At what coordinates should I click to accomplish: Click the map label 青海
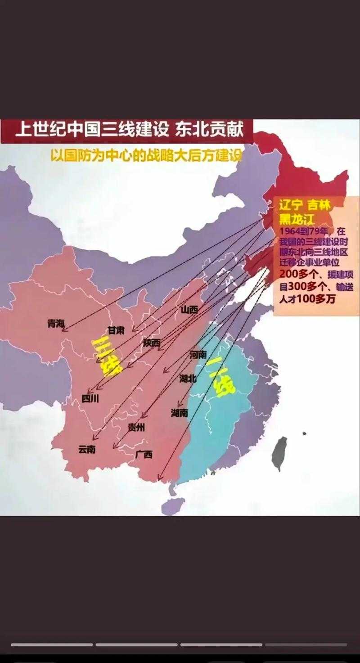(56, 323)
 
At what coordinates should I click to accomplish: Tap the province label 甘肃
(116, 330)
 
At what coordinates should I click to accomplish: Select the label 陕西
(152, 343)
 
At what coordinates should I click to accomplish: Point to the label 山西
(189, 310)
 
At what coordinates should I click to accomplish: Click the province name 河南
(198, 355)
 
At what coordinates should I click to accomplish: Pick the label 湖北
(188, 379)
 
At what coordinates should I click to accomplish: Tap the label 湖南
(179, 413)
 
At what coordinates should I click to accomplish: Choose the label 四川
(90, 398)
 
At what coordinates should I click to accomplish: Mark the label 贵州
(136, 428)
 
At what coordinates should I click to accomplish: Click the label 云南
(87, 449)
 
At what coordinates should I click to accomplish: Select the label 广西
(144, 454)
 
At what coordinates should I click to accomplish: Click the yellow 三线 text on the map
(107, 356)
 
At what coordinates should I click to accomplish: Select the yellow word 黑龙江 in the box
(297, 219)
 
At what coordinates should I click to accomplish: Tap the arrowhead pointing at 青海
(64, 329)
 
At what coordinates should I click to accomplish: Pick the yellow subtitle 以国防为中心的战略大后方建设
(146, 155)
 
